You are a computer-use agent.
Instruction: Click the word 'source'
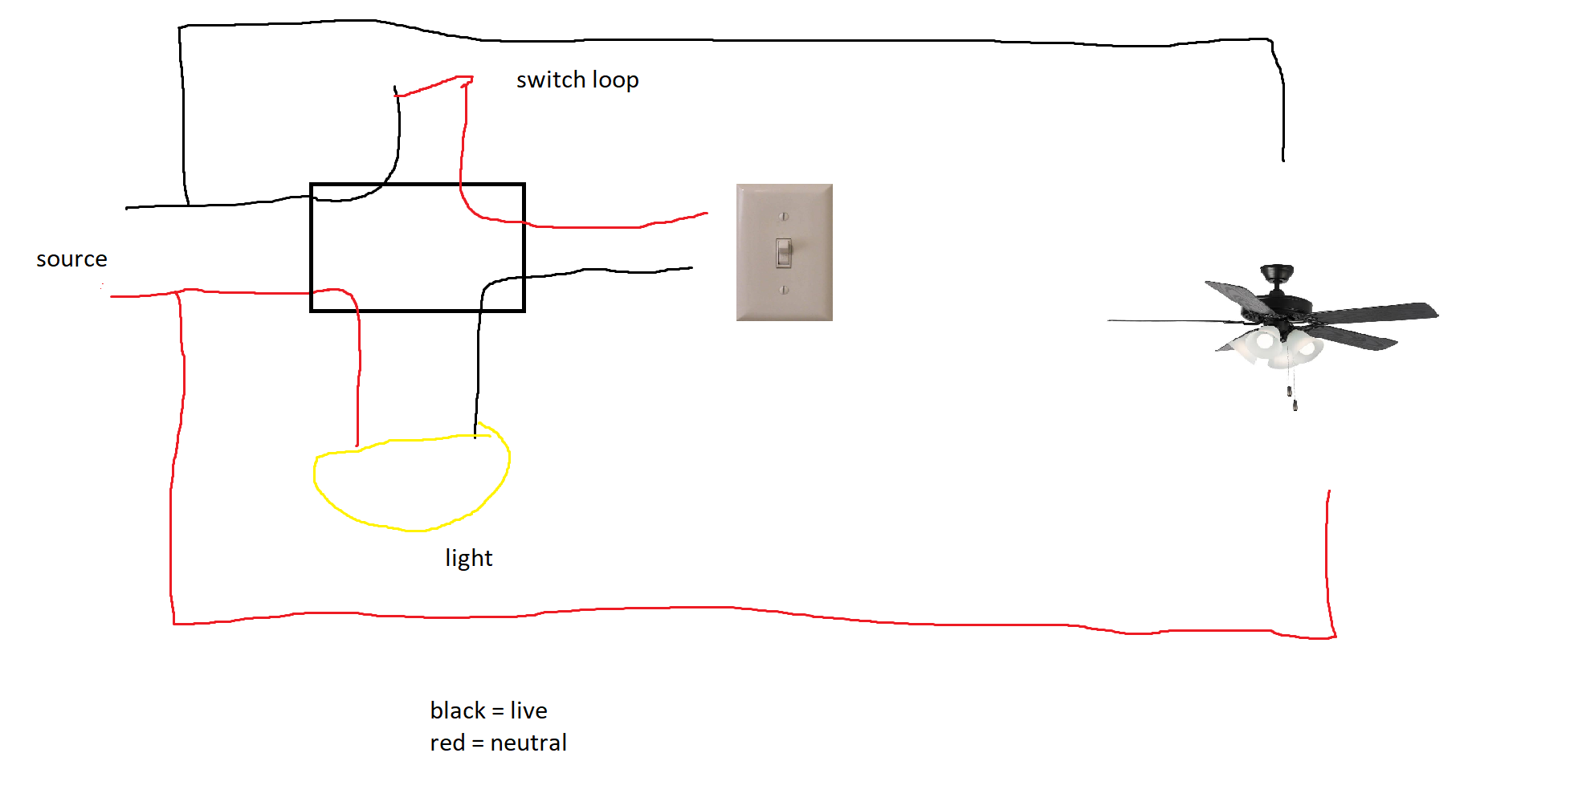(71, 259)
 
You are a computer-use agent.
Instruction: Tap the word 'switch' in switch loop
(551, 79)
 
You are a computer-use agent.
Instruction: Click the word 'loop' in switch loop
(615, 81)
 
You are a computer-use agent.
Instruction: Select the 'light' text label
(469, 558)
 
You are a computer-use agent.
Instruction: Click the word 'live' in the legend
(528, 710)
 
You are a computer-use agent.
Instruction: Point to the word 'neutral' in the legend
(528, 743)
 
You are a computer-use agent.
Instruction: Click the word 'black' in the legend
(458, 710)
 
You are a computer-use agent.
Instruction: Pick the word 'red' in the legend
(447, 743)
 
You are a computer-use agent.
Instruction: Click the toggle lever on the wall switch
(784, 252)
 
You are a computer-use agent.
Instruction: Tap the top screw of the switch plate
(784, 216)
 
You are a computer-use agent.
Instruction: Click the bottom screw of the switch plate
(784, 290)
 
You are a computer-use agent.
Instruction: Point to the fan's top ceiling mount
(1277, 273)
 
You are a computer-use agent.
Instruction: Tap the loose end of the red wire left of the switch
(707, 213)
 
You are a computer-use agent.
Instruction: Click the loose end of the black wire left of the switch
(691, 267)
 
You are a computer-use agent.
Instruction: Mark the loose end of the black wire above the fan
(1283, 161)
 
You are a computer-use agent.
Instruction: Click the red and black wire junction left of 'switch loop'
(396, 94)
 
